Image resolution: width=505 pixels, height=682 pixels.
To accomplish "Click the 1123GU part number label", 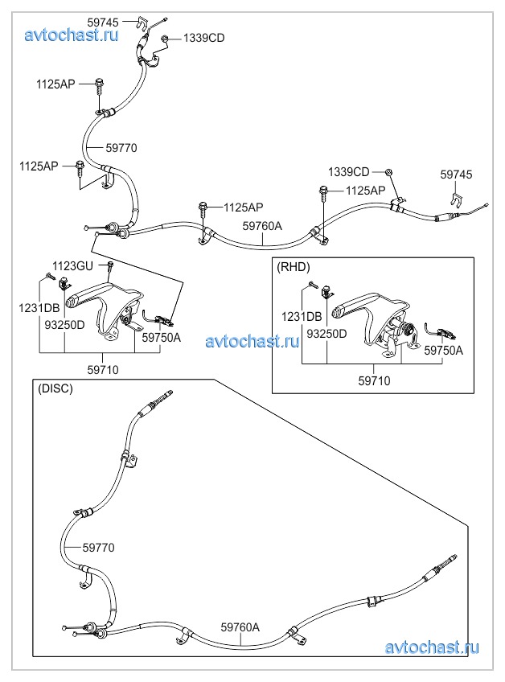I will [73, 265].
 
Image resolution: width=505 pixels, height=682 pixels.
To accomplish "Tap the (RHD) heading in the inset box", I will [293, 267].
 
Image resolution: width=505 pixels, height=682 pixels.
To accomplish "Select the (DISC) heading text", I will [55, 388].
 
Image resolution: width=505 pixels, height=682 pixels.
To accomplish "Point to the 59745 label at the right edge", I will [456, 175].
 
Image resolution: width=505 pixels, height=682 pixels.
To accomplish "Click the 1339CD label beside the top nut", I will [203, 38].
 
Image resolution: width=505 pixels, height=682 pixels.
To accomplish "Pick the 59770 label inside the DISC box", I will [99, 548].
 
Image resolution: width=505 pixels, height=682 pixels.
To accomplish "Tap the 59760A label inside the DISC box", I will [240, 627].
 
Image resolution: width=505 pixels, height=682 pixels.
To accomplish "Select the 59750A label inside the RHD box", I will [444, 350].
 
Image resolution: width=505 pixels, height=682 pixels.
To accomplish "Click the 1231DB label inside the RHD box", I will [302, 316].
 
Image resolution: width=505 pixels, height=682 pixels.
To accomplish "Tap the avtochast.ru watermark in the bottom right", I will [433, 647].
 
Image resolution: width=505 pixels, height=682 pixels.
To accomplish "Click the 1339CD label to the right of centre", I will [348, 172].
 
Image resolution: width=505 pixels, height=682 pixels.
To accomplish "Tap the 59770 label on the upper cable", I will [121, 148].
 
